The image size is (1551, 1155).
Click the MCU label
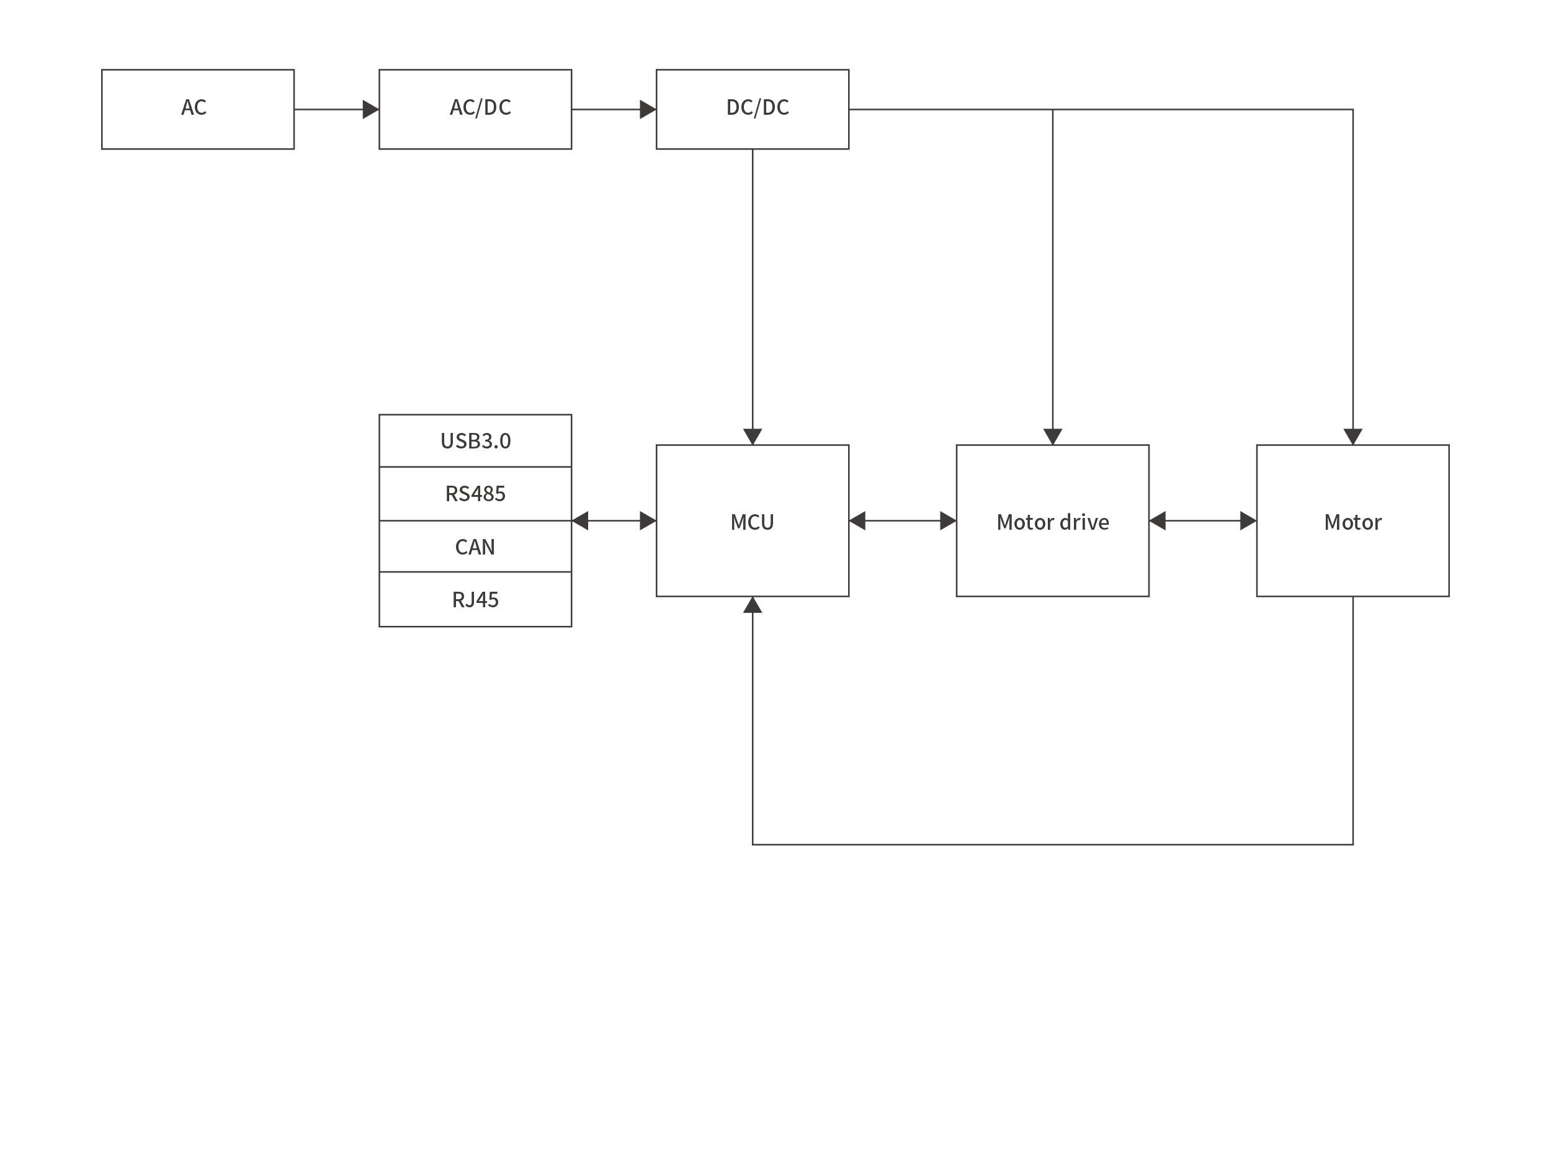tap(752, 522)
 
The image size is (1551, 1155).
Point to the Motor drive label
tap(1052, 522)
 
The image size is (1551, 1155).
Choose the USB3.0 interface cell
tap(475, 441)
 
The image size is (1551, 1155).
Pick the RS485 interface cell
tap(475, 494)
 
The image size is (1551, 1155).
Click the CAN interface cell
tap(475, 546)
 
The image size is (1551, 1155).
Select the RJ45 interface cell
tap(475, 600)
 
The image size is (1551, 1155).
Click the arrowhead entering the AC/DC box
tap(370, 110)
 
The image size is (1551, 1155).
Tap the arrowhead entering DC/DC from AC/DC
tap(648, 110)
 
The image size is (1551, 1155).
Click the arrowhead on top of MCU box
tap(753, 436)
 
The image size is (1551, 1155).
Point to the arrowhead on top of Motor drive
tap(1052, 436)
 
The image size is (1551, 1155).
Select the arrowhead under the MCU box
tap(753, 605)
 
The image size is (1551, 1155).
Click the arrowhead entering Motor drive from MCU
tap(947, 521)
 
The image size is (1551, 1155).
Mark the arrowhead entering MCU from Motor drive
tap(858, 521)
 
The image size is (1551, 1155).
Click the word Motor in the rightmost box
tap(1352, 522)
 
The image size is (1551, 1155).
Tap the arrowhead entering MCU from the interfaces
tap(648, 521)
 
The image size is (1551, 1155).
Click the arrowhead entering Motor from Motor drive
tap(1248, 521)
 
